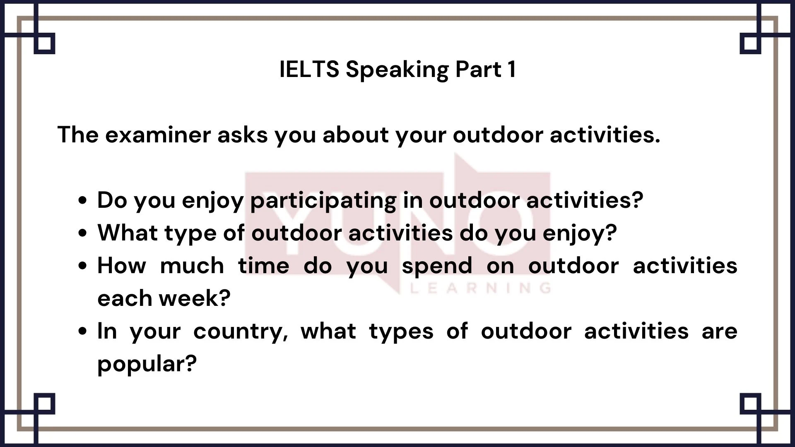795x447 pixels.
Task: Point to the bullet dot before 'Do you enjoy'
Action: pos(83,200)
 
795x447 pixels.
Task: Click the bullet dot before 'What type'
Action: pos(83,233)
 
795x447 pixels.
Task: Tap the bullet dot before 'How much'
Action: pos(83,266)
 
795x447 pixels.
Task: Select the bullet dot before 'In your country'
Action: pos(83,331)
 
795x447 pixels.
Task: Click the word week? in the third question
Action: pos(195,298)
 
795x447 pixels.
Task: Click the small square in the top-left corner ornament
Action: pos(45,43)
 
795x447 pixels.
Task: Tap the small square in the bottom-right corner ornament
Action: pos(750,404)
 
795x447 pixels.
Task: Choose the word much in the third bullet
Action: pos(192,265)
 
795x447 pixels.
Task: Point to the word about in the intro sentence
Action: pos(356,135)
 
